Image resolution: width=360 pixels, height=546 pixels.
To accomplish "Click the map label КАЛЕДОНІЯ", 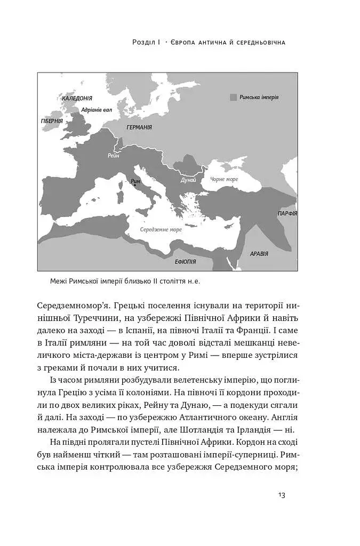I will [x=77, y=99].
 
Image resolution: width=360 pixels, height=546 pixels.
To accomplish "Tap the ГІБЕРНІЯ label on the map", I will [x=52, y=122].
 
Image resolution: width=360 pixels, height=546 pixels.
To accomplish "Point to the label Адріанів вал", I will [x=97, y=110].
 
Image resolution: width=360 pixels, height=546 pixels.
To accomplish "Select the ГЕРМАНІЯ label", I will [x=139, y=128].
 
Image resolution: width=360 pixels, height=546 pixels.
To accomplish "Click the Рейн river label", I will [x=113, y=156].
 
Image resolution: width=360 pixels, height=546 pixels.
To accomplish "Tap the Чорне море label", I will [x=224, y=180].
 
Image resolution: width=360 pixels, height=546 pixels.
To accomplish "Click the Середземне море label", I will [x=161, y=230].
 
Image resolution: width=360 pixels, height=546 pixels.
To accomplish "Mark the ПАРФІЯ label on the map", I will [x=286, y=213].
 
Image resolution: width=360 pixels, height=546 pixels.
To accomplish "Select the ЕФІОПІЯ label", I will [x=185, y=262].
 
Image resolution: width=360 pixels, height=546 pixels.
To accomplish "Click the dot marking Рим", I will [x=134, y=185].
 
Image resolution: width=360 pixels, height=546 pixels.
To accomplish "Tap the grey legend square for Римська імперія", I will [x=233, y=98].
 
